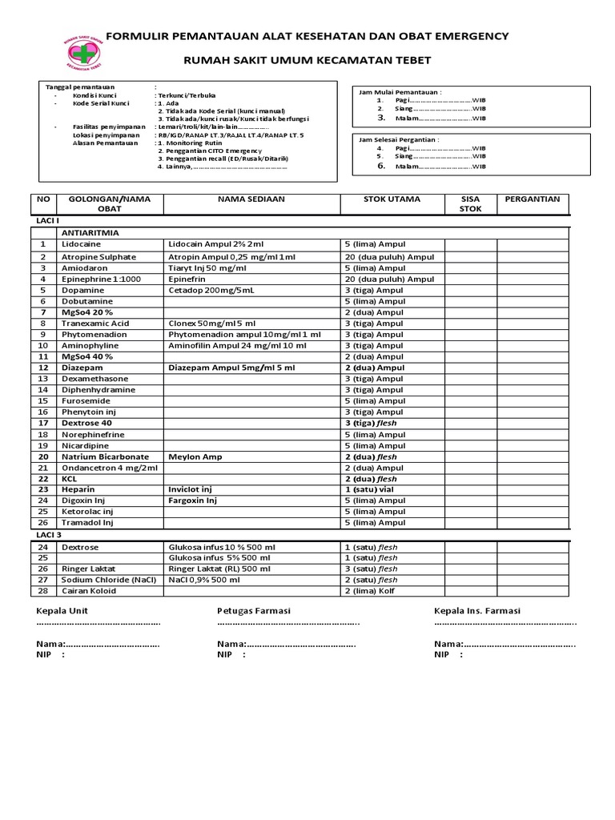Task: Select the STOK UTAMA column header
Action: (391, 199)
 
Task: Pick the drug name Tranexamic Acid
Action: (95, 324)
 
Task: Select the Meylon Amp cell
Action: (195, 456)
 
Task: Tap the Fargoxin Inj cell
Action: (193, 500)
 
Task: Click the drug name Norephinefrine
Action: (94, 435)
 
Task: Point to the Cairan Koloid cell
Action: (89, 591)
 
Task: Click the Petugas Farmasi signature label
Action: (254, 611)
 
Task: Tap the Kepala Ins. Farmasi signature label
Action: (477, 611)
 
